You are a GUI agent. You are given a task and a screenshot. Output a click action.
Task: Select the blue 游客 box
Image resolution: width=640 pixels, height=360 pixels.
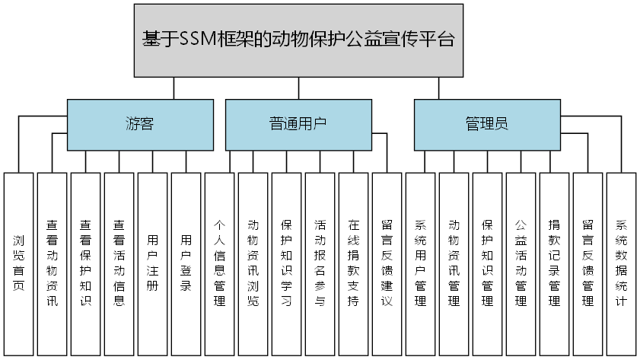pyautogui.click(x=140, y=124)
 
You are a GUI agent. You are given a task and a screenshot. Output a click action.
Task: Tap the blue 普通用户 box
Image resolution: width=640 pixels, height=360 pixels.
pyautogui.click(x=298, y=124)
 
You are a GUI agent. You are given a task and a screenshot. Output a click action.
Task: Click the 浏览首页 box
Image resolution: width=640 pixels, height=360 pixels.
pyautogui.click(x=19, y=263)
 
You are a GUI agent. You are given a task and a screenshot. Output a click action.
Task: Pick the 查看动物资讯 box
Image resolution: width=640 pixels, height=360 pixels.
pyautogui.click(x=53, y=263)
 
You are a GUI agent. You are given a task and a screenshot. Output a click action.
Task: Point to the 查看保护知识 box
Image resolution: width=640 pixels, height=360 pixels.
pyautogui.click(x=86, y=263)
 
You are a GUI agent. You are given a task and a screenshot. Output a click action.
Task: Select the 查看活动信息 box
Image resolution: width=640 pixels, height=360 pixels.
pyautogui.click(x=119, y=263)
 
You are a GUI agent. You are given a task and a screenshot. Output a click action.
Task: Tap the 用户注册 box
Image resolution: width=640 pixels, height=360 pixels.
pyautogui.click(x=153, y=263)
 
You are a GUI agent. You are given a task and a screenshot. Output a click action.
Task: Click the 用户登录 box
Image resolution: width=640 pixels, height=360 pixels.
pyautogui.click(x=186, y=263)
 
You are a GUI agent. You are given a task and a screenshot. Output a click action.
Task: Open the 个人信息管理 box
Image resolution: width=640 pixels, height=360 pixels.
pyautogui.click(x=220, y=263)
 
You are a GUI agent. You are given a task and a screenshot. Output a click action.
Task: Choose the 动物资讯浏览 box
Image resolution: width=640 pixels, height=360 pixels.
pyautogui.click(x=253, y=263)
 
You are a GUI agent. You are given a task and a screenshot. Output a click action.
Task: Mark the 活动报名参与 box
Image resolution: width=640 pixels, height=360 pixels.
pyautogui.click(x=320, y=263)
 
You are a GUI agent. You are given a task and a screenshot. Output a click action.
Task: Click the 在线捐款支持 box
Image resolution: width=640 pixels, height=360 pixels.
pyautogui.click(x=354, y=263)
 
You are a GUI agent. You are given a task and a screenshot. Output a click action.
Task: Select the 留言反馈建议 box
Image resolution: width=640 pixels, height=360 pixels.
pyautogui.click(x=387, y=263)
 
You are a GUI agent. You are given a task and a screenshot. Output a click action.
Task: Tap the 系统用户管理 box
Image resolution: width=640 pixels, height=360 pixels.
pyautogui.click(x=421, y=263)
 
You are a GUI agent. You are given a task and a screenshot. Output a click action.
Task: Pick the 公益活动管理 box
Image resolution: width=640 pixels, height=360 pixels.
pyautogui.click(x=521, y=263)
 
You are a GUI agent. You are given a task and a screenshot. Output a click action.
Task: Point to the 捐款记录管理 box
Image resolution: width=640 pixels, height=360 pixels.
pyautogui.click(x=555, y=263)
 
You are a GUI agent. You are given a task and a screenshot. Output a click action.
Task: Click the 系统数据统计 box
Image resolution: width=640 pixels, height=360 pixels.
pyautogui.click(x=622, y=263)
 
